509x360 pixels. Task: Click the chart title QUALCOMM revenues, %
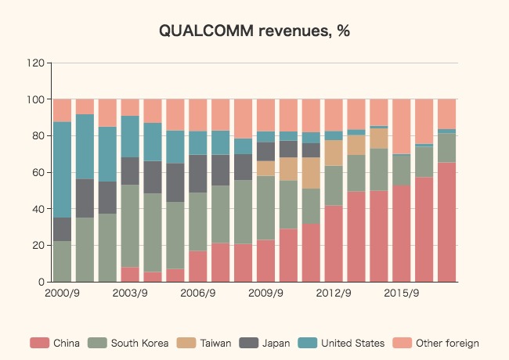pos(254,31)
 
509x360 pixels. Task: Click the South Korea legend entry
pos(131,343)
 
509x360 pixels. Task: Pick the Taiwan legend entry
pos(206,343)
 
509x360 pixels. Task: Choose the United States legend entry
pos(344,343)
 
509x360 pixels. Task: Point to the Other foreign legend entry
pos(440,343)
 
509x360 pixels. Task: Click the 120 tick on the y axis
pos(35,63)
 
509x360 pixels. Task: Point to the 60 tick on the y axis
pos(38,172)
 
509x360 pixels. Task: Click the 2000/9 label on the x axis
pos(63,294)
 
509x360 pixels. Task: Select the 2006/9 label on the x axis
pos(198,294)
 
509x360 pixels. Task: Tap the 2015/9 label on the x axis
pos(403,294)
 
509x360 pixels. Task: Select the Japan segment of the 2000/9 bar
pos(63,229)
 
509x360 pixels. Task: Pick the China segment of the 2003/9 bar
pos(130,275)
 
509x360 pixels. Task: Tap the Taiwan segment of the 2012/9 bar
pos(334,153)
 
